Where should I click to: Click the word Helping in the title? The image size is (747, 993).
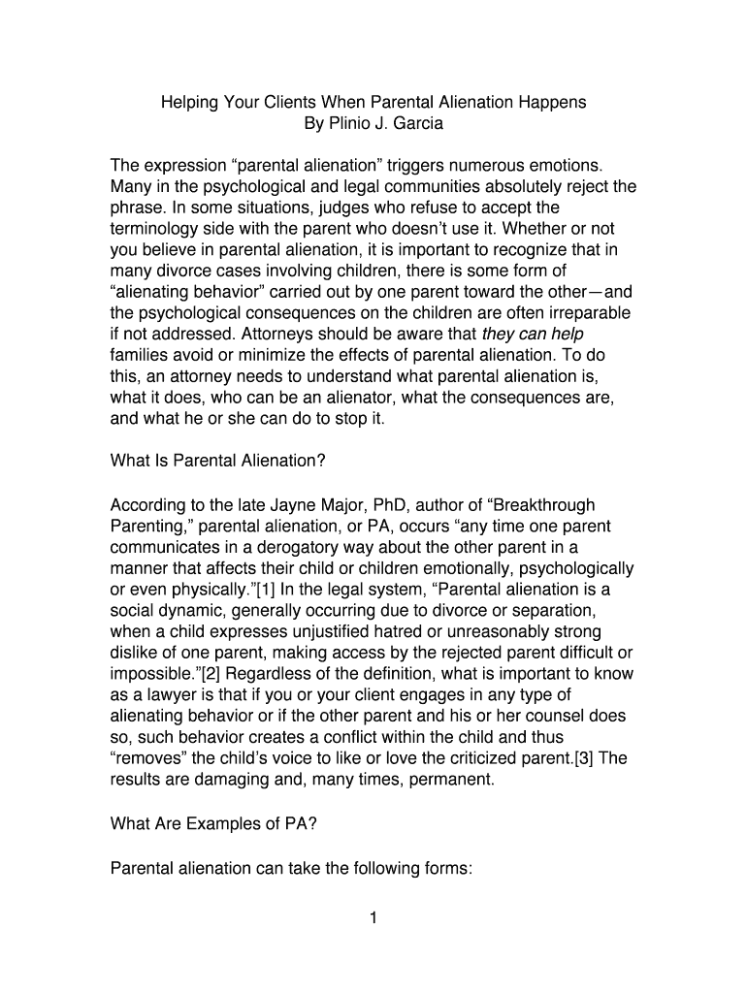coord(188,102)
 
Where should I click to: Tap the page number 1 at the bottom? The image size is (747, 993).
coord(373,919)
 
